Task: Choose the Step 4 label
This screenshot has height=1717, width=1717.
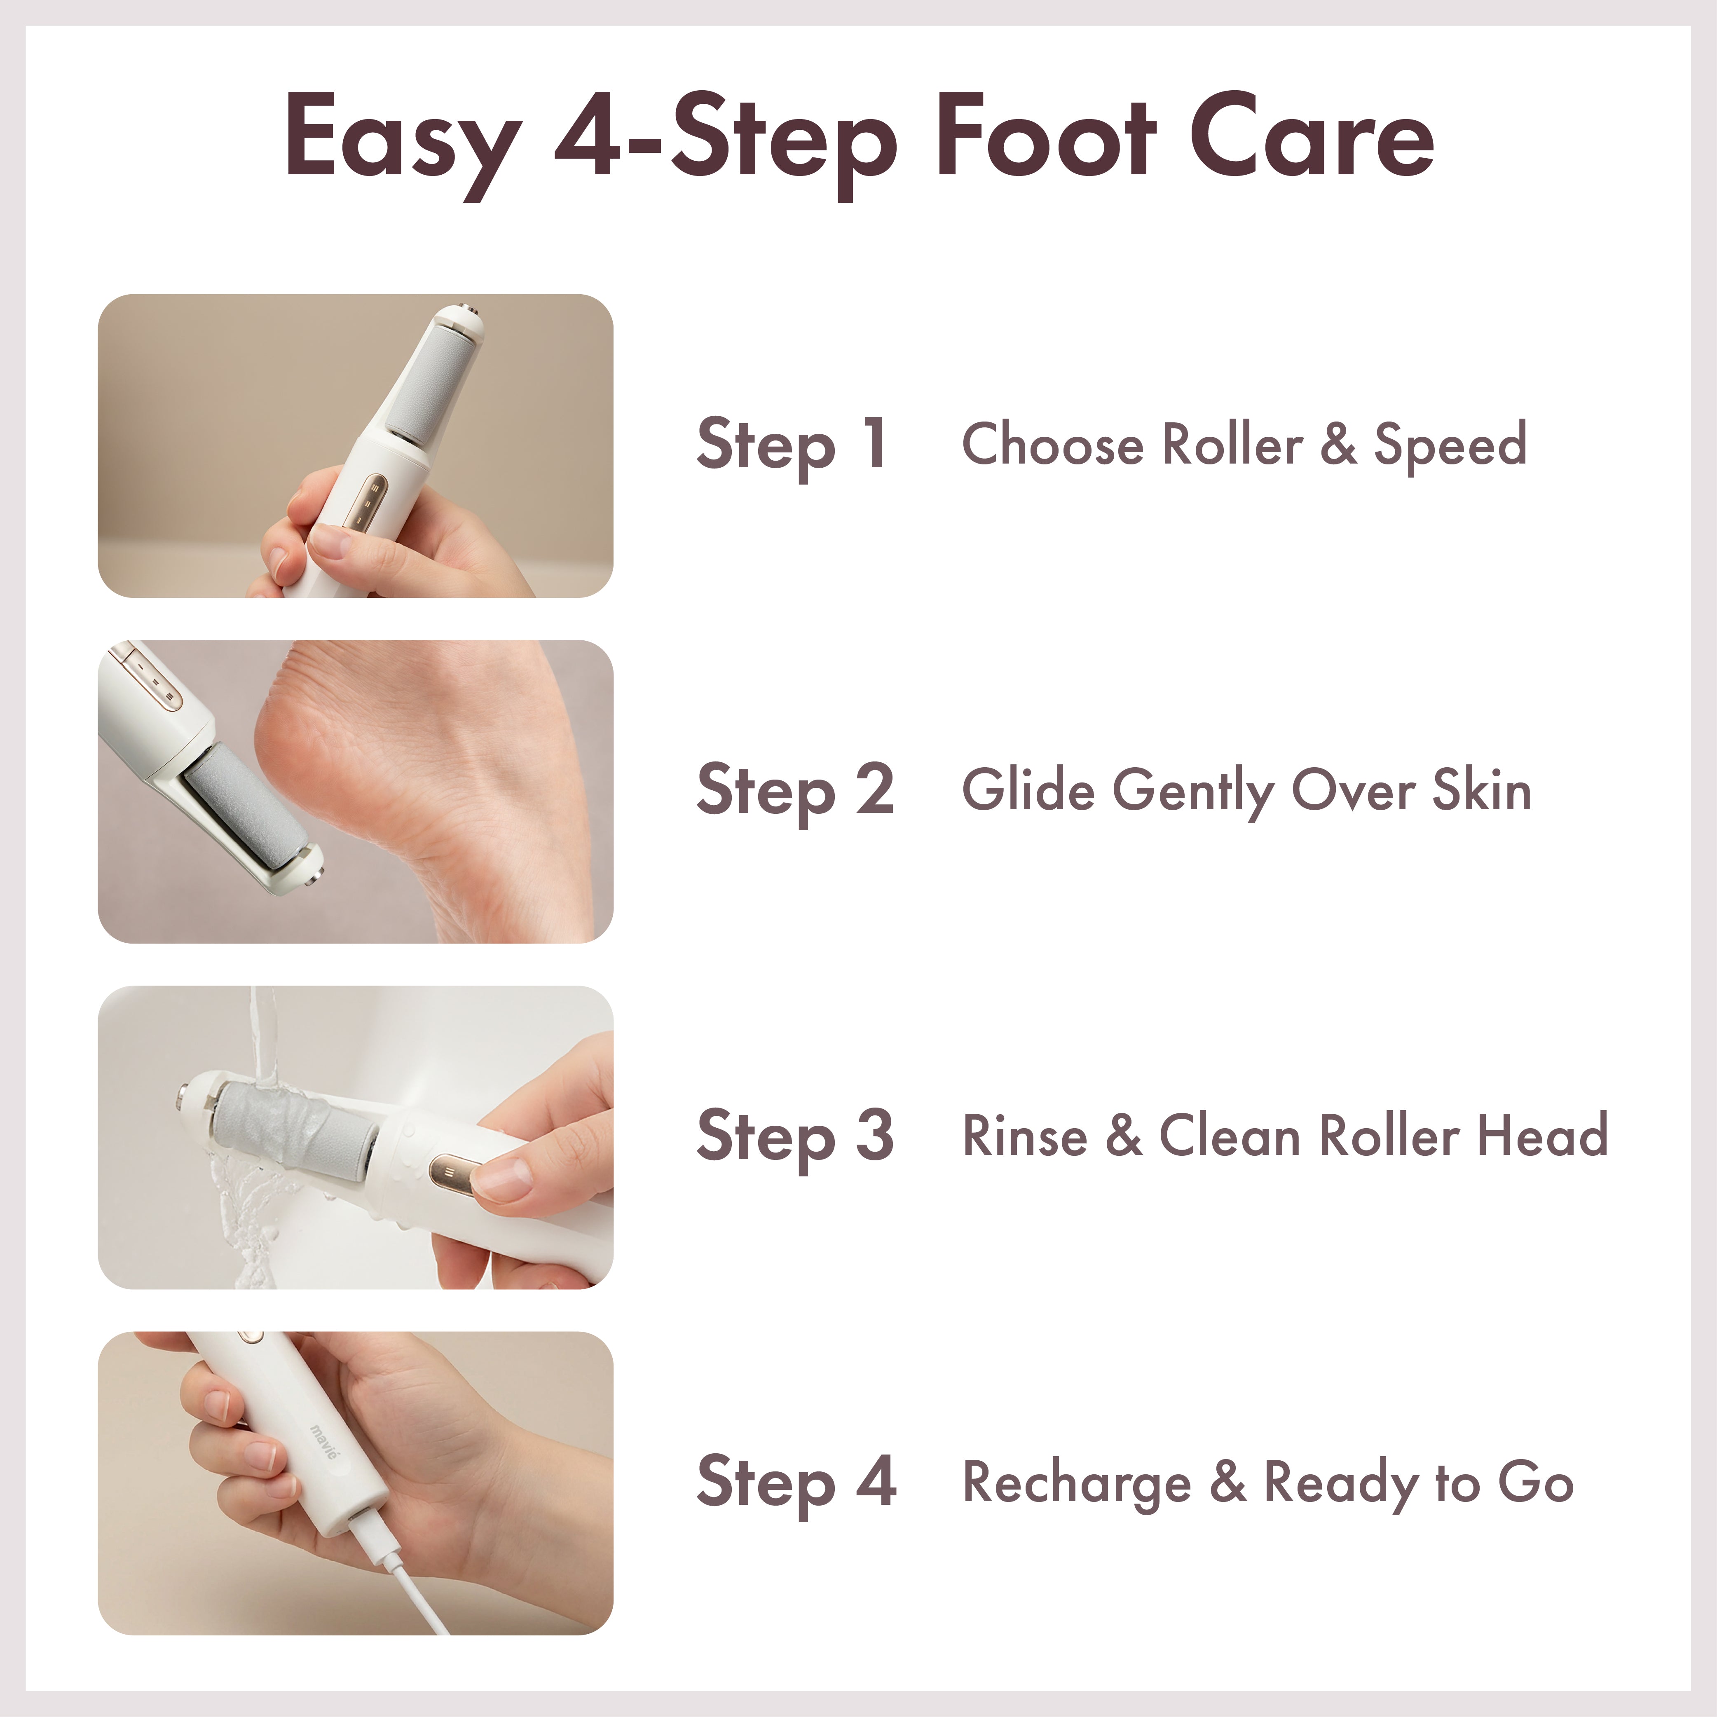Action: point(795,1481)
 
